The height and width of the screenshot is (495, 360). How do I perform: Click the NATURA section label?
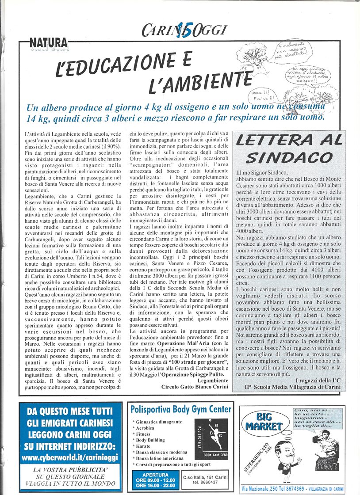click(x=49, y=43)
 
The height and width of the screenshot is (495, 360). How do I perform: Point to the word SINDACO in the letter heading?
click(x=289, y=157)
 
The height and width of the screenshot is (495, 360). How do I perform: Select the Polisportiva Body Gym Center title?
click(x=181, y=409)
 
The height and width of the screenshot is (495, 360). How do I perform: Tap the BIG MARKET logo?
click(x=264, y=422)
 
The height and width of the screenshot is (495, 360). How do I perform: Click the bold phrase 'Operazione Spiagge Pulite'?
click(x=191, y=375)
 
